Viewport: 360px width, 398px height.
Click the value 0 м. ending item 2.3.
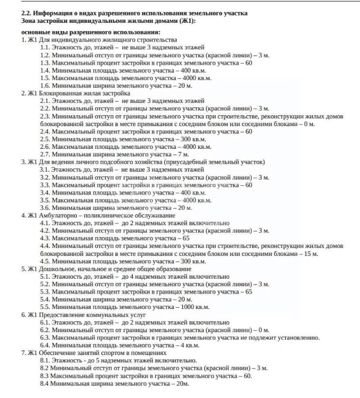pos(310,124)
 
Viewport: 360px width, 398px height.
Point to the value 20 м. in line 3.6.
pos(184,208)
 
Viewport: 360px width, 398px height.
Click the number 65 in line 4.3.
pos(185,238)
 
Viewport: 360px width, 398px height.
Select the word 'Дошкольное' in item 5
pos(56,269)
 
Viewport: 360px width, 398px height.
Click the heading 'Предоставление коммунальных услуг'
pos(93,315)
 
